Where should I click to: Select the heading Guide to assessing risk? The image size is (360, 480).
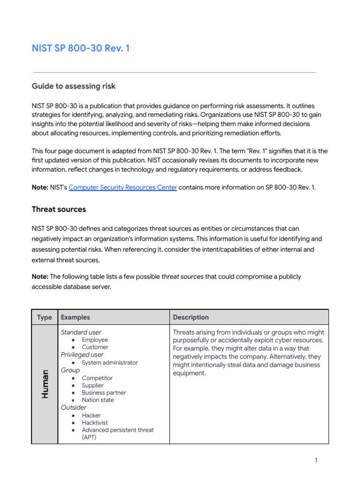click(74, 86)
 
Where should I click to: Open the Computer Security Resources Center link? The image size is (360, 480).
click(123, 187)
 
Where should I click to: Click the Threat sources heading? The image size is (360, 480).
click(59, 209)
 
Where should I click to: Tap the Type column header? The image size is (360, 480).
click(45, 317)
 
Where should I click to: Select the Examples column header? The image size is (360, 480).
click(75, 317)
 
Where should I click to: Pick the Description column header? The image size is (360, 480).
click(191, 317)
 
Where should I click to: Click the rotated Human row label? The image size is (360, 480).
click(45, 384)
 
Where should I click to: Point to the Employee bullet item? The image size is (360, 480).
click(95, 340)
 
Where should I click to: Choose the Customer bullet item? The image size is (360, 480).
click(95, 347)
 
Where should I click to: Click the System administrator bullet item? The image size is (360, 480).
click(110, 363)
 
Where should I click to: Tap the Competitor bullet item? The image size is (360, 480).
click(97, 378)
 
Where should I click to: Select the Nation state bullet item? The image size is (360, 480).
click(97, 400)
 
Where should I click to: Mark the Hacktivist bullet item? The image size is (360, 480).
click(95, 423)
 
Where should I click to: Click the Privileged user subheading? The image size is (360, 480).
click(82, 355)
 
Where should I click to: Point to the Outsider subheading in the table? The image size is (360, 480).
click(74, 408)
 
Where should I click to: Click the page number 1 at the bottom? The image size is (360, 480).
click(316, 460)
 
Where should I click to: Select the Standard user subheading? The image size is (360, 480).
click(81, 332)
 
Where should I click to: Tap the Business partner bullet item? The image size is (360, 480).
click(104, 393)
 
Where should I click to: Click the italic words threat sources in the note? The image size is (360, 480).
click(182, 277)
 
